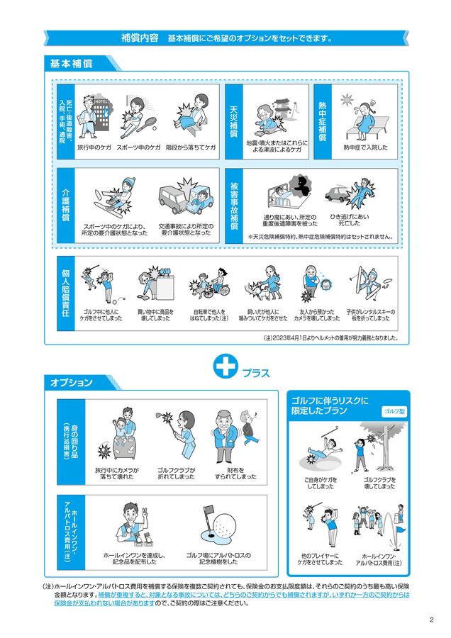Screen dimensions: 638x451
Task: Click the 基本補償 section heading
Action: coord(71,63)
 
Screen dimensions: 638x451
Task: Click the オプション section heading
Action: coord(71,383)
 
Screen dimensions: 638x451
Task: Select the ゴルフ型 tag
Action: coord(393,412)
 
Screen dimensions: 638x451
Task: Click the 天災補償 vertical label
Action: coord(233,121)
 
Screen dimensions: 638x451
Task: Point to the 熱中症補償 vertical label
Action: coord(321,121)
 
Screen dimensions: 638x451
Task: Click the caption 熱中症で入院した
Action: coord(365,148)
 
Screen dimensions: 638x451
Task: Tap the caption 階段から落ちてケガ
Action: coord(191,148)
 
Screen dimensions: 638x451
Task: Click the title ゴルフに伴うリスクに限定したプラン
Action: coord(330,405)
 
